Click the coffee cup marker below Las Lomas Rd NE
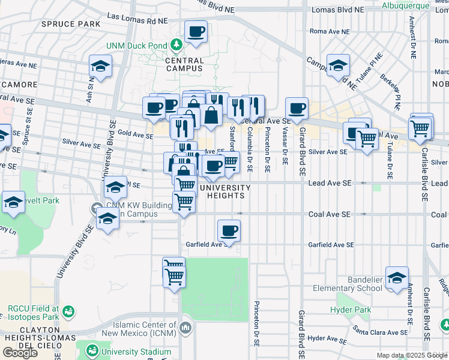(196, 32)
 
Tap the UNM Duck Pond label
(137, 46)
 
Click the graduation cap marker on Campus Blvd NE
(339, 65)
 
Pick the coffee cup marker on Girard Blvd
(297, 109)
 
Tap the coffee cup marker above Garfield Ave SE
(229, 231)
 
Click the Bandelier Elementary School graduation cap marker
(397, 278)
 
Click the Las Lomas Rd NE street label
(137, 19)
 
